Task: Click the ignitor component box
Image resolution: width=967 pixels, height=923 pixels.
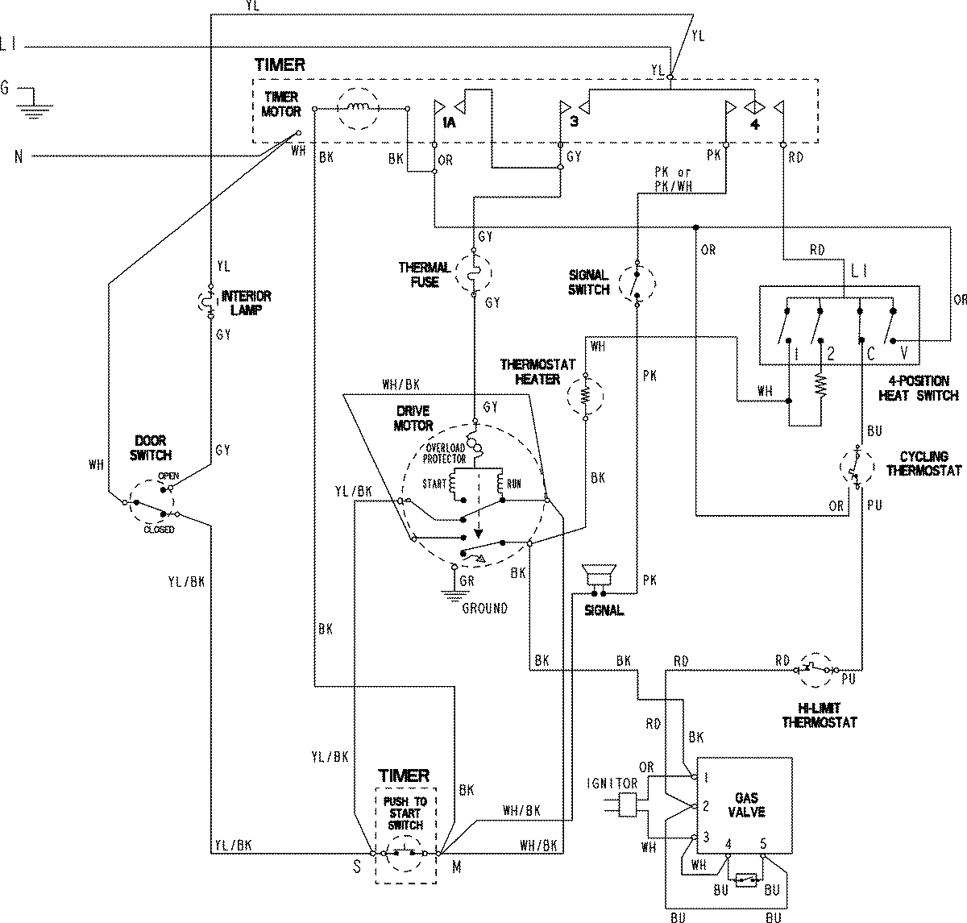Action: tap(627, 805)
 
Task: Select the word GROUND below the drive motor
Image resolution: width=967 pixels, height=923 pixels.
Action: tap(484, 609)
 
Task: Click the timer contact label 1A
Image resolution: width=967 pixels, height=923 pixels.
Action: tap(448, 123)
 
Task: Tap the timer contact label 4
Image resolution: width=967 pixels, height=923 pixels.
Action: tap(754, 124)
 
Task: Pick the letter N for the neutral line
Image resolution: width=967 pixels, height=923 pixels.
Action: tap(18, 156)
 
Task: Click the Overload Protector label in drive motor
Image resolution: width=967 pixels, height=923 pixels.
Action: tap(445, 454)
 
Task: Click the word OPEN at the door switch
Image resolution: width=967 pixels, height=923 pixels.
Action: tap(168, 476)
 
